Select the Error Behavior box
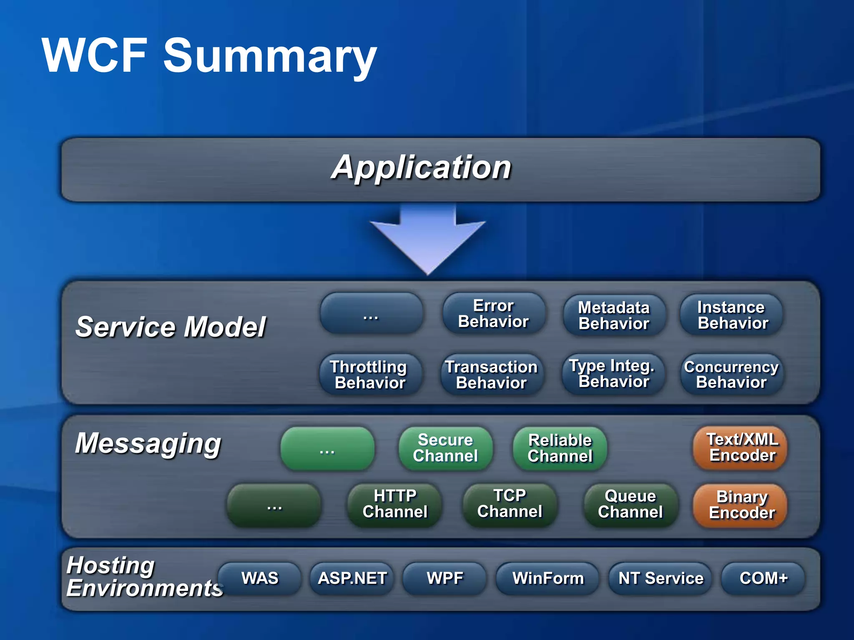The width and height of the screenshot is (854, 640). pos(494,314)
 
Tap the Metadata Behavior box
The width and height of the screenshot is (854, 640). pos(614,315)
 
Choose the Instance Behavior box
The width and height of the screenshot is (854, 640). pos(732,315)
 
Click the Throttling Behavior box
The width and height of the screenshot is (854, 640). pos(370,375)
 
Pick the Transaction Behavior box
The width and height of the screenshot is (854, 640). pos(492,375)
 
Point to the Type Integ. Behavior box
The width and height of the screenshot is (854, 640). pos(613,374)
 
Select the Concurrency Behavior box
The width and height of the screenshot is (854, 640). pos(731,374)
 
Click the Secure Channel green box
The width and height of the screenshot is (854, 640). pos(445,448)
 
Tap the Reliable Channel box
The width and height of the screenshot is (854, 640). pos(560,448)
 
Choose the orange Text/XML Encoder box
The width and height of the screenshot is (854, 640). pos(741,447)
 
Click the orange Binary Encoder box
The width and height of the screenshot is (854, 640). pos(741,505)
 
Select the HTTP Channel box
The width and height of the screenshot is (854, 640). pos(394,504)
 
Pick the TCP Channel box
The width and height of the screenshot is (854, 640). pos(510,504)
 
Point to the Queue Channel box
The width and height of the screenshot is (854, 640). pos(630,504)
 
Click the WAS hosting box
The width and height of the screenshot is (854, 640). pos(259,578)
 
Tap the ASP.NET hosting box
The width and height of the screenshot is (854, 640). pos(352,578)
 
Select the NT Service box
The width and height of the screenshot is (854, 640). pos(660,578)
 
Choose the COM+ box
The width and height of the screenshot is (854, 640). pos(763,578)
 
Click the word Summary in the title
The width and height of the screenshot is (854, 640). pos(270,56)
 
